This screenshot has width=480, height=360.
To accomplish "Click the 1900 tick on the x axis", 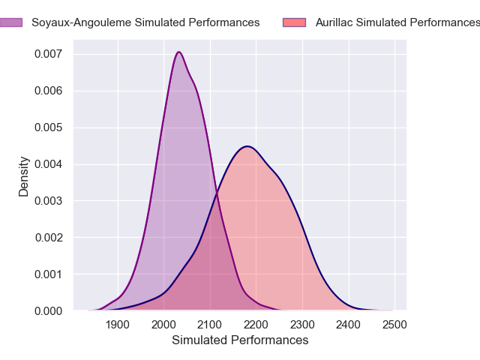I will point(118,325).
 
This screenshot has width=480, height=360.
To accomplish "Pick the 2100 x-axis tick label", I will point(210,325).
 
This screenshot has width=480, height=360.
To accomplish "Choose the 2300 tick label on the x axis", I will point(302,325).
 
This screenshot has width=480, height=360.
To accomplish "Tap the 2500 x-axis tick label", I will point(394,325).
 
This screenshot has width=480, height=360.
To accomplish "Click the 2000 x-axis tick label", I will point(163,325).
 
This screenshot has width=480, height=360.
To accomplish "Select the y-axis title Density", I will point(24,176).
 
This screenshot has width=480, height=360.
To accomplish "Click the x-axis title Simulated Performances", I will point(240,340).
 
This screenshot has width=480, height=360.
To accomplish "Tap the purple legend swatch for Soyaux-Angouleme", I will point(10,22).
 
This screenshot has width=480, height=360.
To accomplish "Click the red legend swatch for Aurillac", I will point(295,22).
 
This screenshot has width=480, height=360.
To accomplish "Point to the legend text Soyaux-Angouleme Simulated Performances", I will point(145,22).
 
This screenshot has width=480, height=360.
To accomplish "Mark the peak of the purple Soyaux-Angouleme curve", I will point(178,52).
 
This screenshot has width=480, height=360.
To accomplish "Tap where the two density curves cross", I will point(217,195).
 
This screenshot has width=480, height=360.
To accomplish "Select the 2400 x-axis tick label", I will point(349,325).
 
